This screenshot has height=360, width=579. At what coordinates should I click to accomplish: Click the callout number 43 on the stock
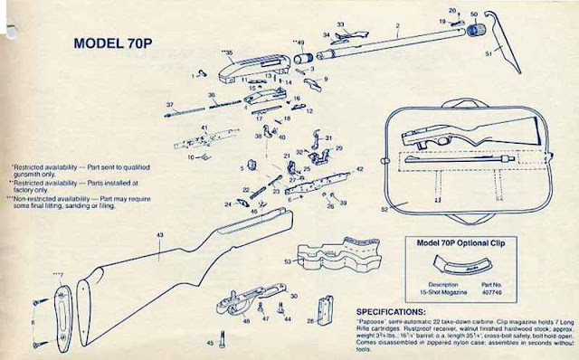tap(160, 235)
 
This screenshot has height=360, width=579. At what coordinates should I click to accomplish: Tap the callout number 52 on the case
tap(383, 209)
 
